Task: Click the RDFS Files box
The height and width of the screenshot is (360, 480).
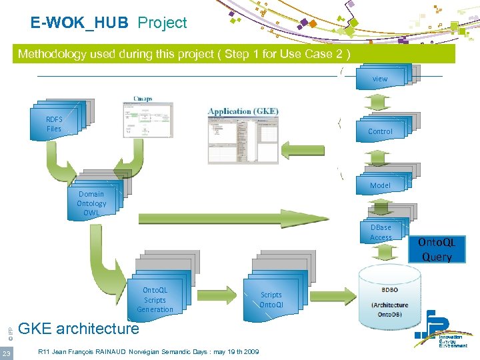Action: click(x=55, y=124)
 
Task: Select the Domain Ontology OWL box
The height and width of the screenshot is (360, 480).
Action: click(x=91, y=203)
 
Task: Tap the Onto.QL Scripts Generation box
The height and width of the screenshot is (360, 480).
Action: click(x=155, y=299)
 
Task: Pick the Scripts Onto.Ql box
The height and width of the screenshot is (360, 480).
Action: click(x=271, y=299)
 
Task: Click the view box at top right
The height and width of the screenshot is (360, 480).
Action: click(x=380, y=78)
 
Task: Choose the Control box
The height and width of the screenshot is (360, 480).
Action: click(x=381, y=131)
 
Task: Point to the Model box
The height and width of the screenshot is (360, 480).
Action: click(x=380, y=185)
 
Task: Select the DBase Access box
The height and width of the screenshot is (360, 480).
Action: click(x=381, y=232)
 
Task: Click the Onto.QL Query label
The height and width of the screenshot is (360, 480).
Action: click(x=437, y=249)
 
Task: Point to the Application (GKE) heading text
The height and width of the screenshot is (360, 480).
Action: click(x=243, y=111)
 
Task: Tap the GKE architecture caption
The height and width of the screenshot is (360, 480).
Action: click(x=79, y=329)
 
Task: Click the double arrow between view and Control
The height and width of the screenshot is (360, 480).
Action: click(x=380, y=103)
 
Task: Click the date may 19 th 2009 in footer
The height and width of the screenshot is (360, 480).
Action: click(x=232, y=351)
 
